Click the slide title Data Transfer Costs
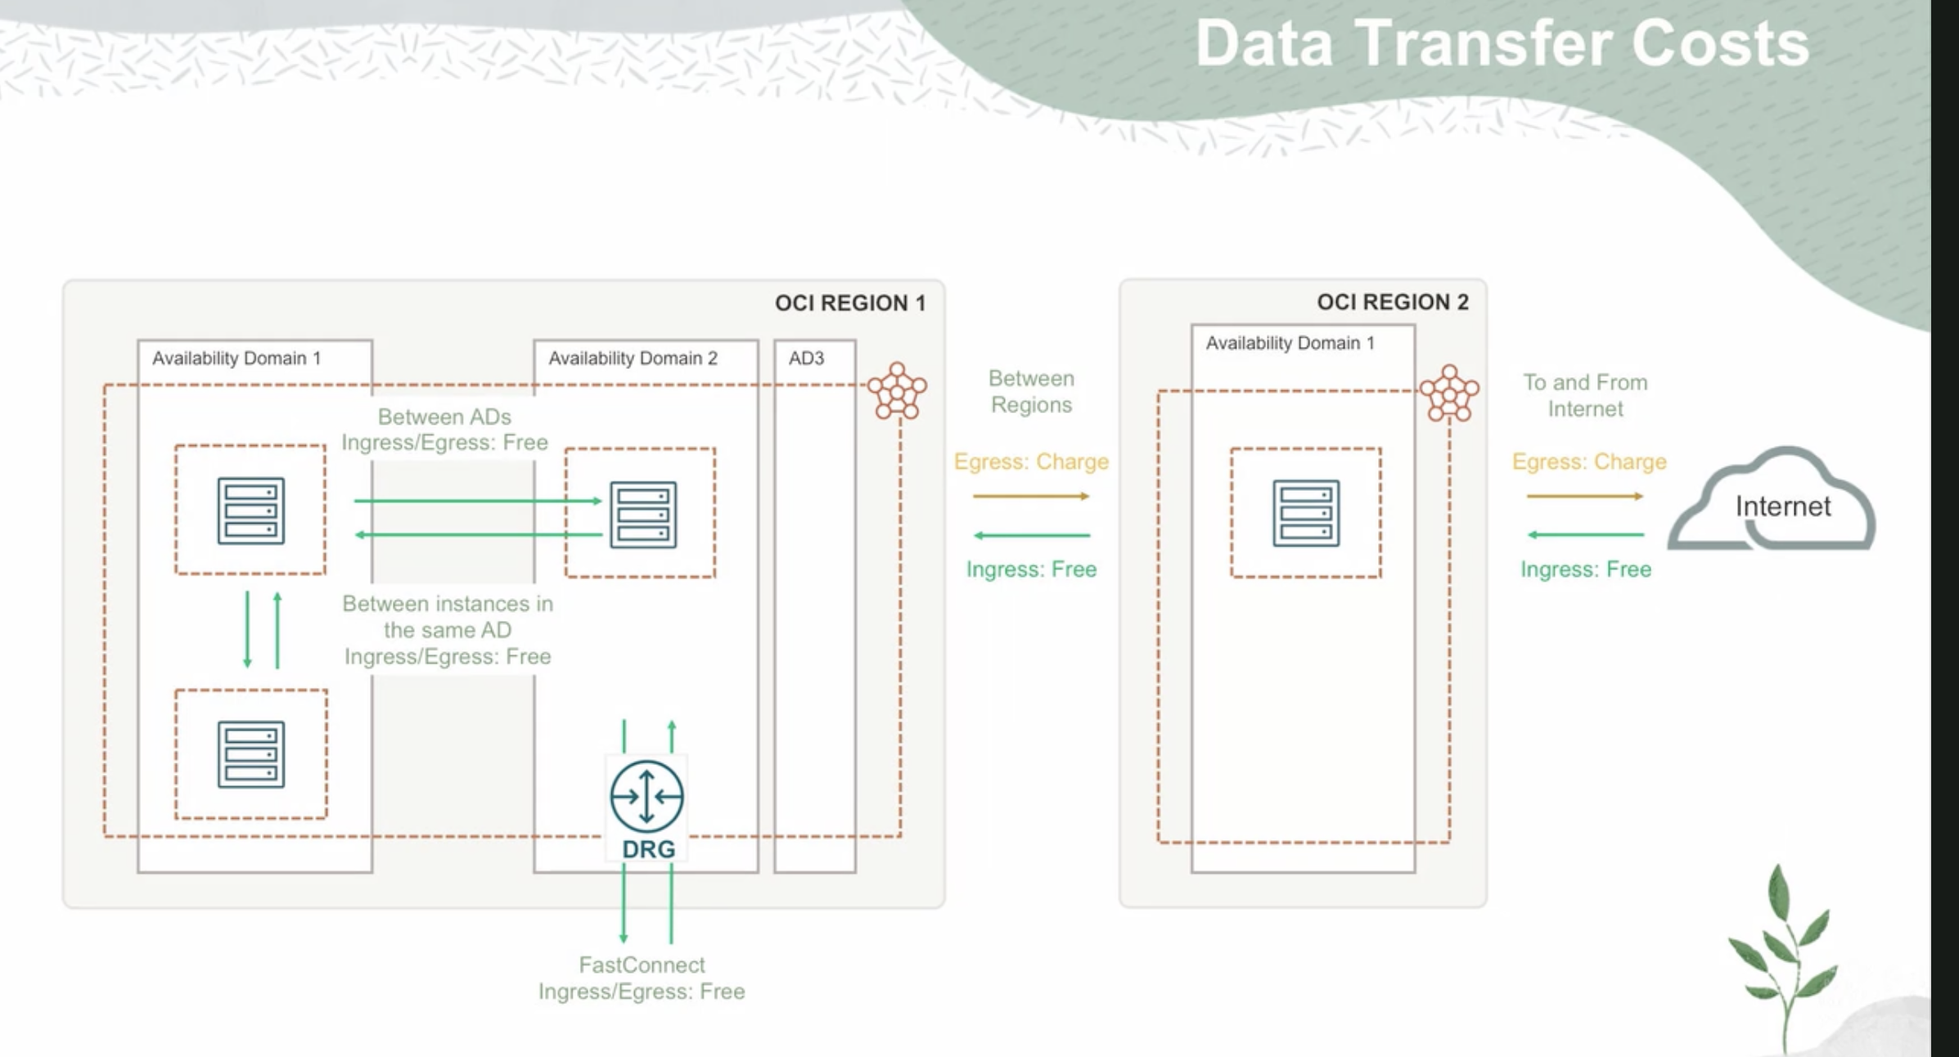click(x=1502, y=43)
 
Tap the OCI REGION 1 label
click(x=849, y=304)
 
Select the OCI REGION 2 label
click(x=1392, y=303)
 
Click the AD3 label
click(x=806, y=358)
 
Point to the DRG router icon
click(x=646, y=796)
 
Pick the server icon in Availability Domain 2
click(x=643, y=515)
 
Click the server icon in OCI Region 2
click(x=1306, y=513)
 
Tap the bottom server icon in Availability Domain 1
click(x=251, y=754)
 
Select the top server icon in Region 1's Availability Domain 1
click(x=251, y=511)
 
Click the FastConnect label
click(x=642, y=965)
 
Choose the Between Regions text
click(x=1031, y=392)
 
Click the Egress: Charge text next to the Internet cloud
click(x=1588, y=462)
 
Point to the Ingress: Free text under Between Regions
click(x=1031, y=569)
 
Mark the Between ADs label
click(x=444, y=417)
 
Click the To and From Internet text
click(x=1585, y=396)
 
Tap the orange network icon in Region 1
click(x=897, y=392)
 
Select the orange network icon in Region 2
click(x=1449, y=394)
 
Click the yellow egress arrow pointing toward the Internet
click(x=1585, y=497)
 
